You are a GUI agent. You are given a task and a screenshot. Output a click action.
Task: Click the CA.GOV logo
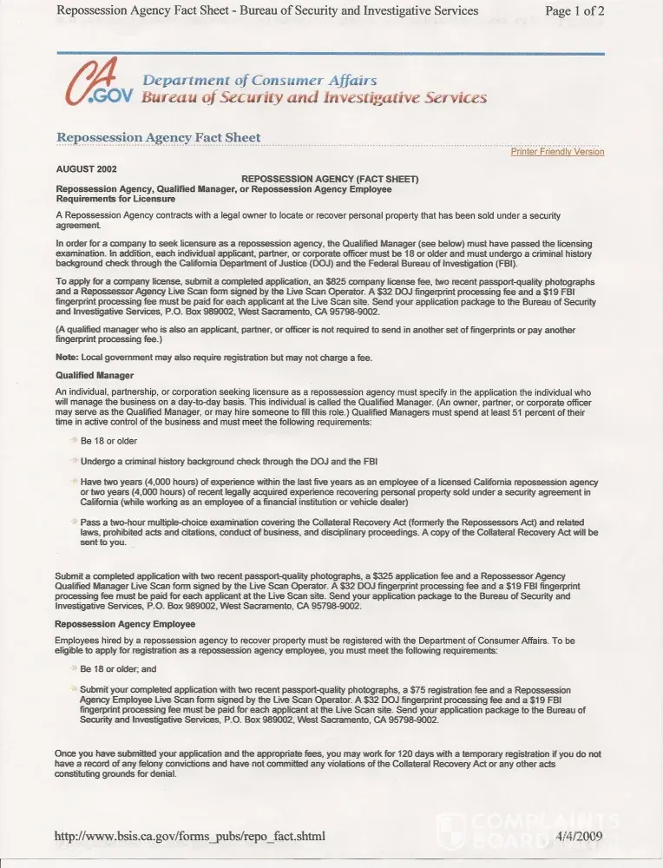pos(95,84)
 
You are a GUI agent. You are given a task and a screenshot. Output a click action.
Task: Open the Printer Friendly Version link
pos(557,152)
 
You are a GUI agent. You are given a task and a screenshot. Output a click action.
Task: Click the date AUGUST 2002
pos(86,169)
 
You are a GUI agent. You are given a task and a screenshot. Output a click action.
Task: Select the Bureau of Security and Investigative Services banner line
pos(313,97)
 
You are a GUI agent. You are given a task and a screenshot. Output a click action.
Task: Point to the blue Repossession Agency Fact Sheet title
pos(158,138)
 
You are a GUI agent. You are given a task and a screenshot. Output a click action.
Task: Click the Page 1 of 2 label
pos(574,10)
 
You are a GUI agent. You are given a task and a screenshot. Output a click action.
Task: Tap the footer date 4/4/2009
pos(579,837)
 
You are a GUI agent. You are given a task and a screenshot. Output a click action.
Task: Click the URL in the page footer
pos(190,837)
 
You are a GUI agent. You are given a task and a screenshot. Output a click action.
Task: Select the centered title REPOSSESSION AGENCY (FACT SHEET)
pos(329,179)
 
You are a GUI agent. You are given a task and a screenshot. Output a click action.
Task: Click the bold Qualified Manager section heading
pos(95,376)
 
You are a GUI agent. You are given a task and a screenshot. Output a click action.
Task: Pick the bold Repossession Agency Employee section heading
pos(125,623)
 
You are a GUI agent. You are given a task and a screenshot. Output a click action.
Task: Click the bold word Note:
pos(67,358)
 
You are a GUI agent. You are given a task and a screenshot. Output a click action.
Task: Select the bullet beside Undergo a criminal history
pos(74,461)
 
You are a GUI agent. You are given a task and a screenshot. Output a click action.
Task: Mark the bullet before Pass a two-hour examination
pos(74,521)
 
